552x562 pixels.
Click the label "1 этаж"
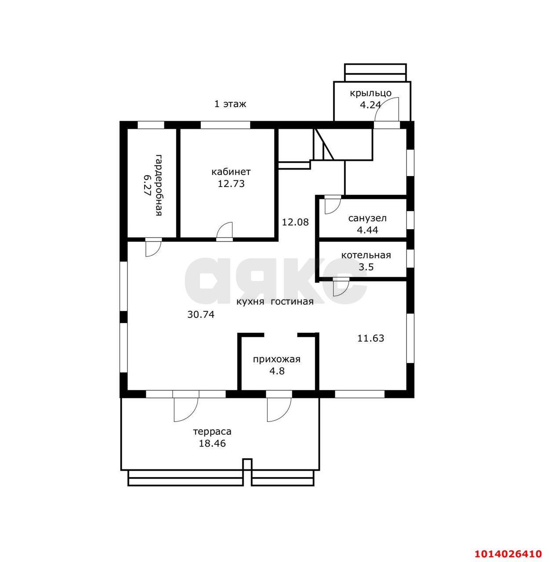point(230,104)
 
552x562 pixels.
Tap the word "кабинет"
point(231,172)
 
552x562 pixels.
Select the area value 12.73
point(231,184)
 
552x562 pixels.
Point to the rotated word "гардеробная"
point(159,185)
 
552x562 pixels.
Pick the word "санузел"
point(367,218)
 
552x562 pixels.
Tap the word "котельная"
point(366,255)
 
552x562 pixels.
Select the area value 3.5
point(366,267)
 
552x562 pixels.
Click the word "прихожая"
point(276,359)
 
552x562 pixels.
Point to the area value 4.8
point(277,371)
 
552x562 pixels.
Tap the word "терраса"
point(212,432)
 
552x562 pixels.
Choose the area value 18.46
point(212,443)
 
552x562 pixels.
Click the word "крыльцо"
point(370,94)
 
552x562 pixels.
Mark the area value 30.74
point(201,314)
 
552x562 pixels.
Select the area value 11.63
point(370,339)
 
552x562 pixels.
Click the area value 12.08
point(295,222)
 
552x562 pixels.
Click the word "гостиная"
point(292,302)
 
